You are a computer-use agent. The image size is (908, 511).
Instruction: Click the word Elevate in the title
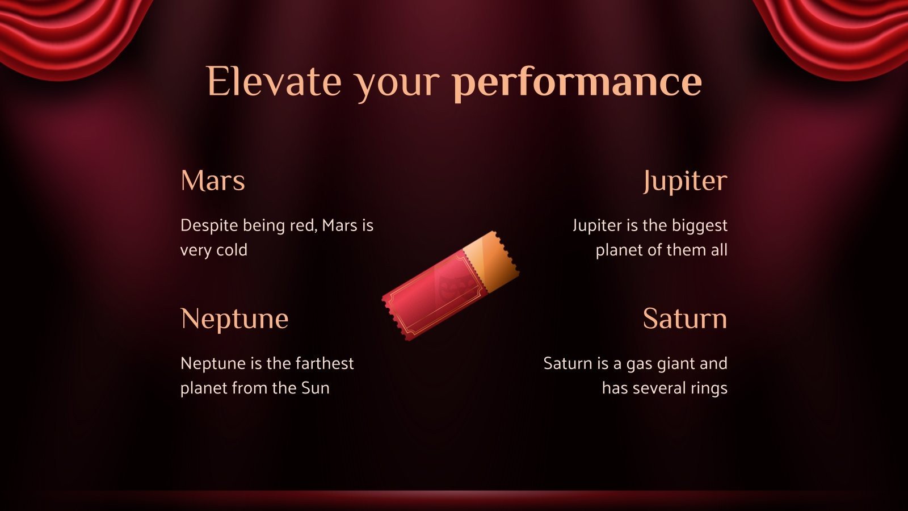pyautogui.click(x=274, y=81)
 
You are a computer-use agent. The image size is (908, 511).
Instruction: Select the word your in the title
pyautogui.click(x=397, y=87)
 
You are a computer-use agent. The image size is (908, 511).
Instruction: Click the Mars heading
pyautogui.click(x=213, y=181)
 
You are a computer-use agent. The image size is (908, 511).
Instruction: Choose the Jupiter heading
pyautogui.click(x=685, y=182)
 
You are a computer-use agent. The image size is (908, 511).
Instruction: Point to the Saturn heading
pyautogui.click(x=685, y=319)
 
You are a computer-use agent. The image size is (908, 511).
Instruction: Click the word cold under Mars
pyautogui.click(x=232, y=250)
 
